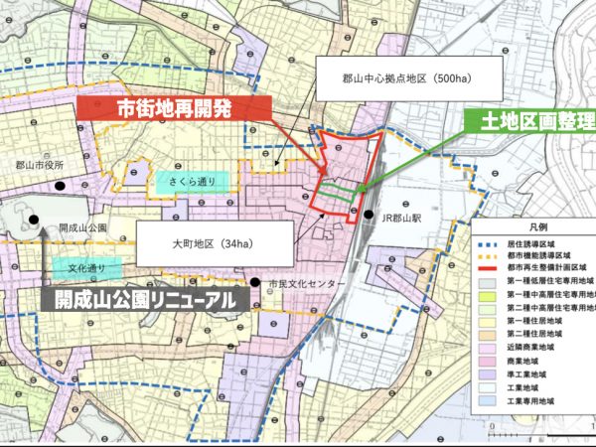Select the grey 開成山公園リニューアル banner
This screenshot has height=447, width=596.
(x=146, y=298)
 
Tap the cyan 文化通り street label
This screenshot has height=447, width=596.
(x=85, y=268)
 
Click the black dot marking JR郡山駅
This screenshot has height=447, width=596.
(x=368, y=216)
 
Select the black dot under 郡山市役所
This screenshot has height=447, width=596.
(x=63, y=186)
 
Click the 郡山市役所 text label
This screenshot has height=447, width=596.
(x=40, y=166)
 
